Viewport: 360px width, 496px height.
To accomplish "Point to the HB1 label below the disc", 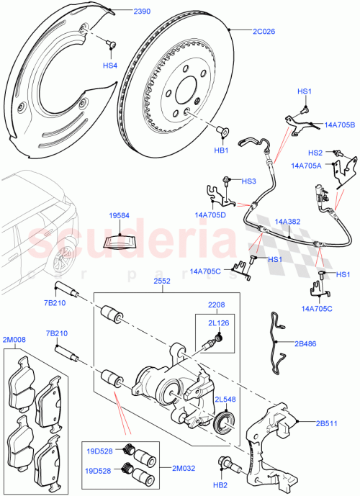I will pyautogui.click(x=221, y=150).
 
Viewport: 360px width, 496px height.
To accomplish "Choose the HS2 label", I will pyautogui.click(x=315, y=153).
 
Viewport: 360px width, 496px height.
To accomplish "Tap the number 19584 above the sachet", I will pyautogui.click(x=120, y=215).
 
